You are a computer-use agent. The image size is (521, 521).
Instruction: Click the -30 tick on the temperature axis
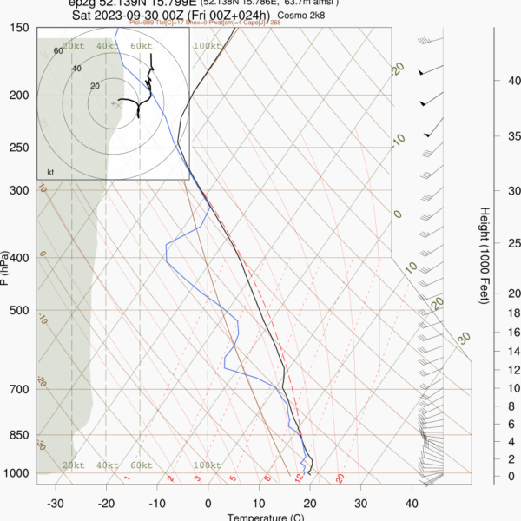click(56, 504)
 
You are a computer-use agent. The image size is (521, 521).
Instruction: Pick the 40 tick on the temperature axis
click(412, 504)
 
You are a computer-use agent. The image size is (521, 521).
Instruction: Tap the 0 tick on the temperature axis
click(208, 504)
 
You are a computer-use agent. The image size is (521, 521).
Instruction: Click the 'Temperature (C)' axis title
click(265, 518)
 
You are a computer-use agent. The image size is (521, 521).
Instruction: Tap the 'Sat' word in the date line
click(83, 15)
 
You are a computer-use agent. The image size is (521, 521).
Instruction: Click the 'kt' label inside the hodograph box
click(50, 171)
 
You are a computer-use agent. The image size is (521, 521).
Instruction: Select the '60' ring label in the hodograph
click(58, 51)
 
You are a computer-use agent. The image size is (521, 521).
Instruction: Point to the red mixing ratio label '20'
click(340, 478)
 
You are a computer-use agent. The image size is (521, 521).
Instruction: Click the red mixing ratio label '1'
click(127, 478)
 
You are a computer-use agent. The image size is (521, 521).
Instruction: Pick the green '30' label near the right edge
click(465, 338)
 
